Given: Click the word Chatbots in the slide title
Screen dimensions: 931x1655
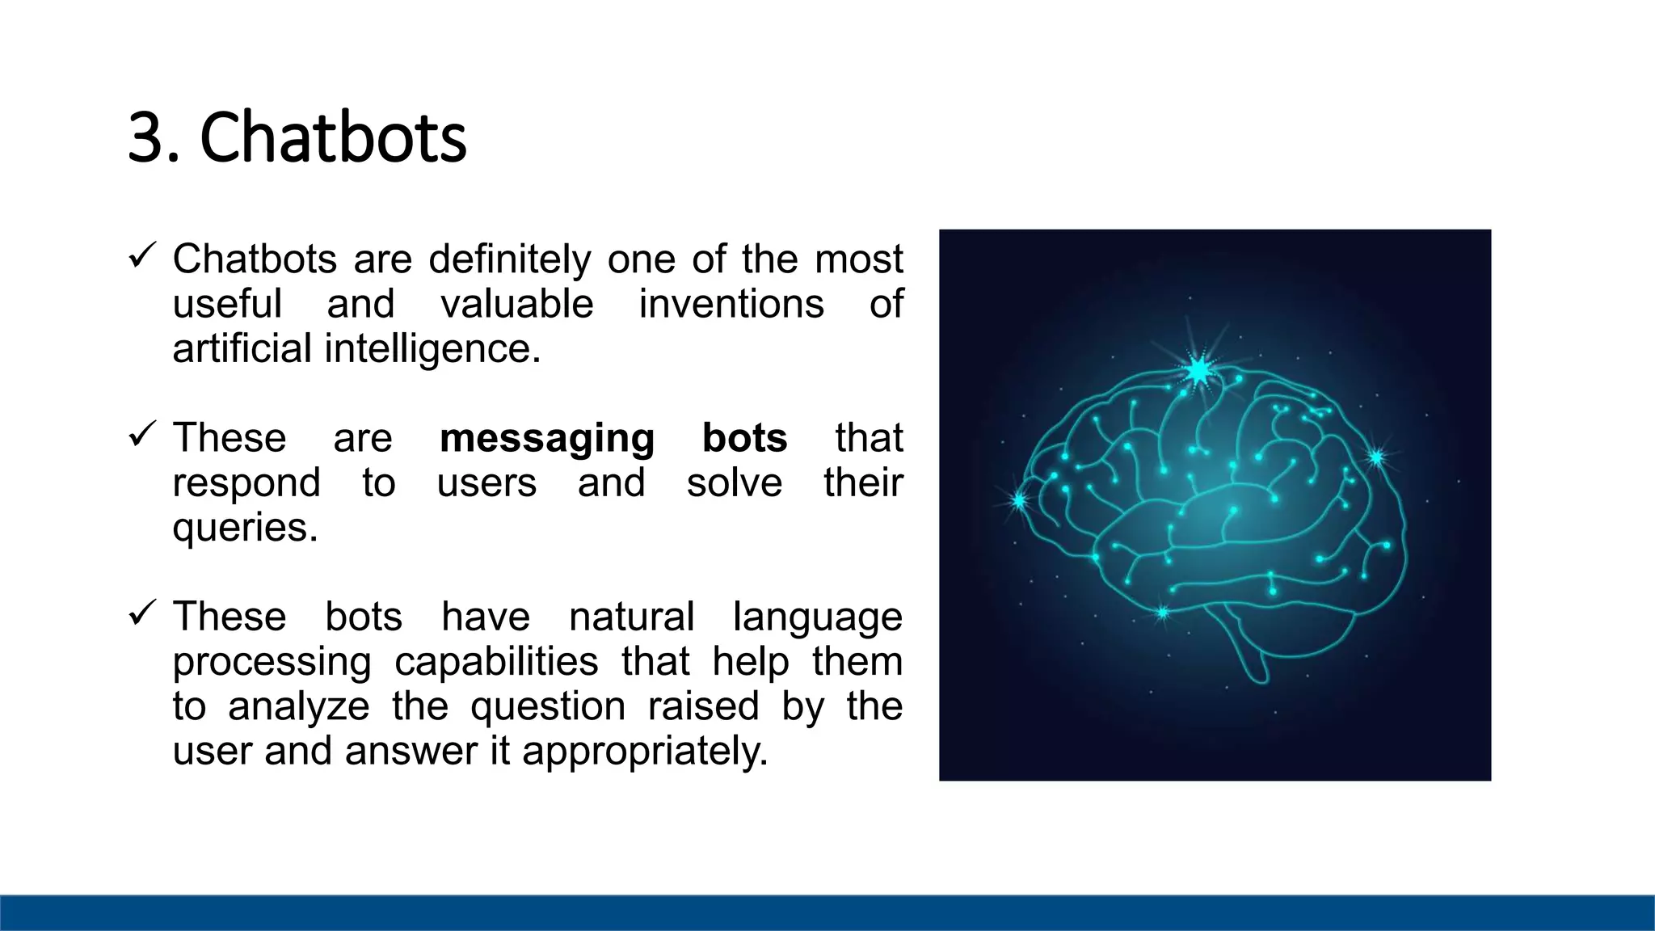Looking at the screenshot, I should click(x=333, y=137).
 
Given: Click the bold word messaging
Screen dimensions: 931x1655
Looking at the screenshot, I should click(x=546, y=439).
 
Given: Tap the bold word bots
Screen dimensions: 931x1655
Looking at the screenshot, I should click(x=744, y=437).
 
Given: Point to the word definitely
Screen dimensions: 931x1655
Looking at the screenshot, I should click(x=509, y=259).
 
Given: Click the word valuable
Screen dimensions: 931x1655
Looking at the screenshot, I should click(x=516, y=305).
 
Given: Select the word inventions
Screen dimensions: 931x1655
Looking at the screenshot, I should click(x=731, y=305).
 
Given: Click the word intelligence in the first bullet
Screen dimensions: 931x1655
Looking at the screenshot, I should click(x=432, y=349).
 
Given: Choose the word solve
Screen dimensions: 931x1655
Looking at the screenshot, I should click(x=734, y=482).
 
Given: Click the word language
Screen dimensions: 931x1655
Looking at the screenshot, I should click(x=817, y=618).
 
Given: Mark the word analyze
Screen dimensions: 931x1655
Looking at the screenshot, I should click(x=298, y=707).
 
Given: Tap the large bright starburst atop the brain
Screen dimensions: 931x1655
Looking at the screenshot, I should click(x=1199, y=371).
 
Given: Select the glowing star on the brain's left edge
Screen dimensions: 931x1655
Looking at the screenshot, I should click(x=1019, y=501).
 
